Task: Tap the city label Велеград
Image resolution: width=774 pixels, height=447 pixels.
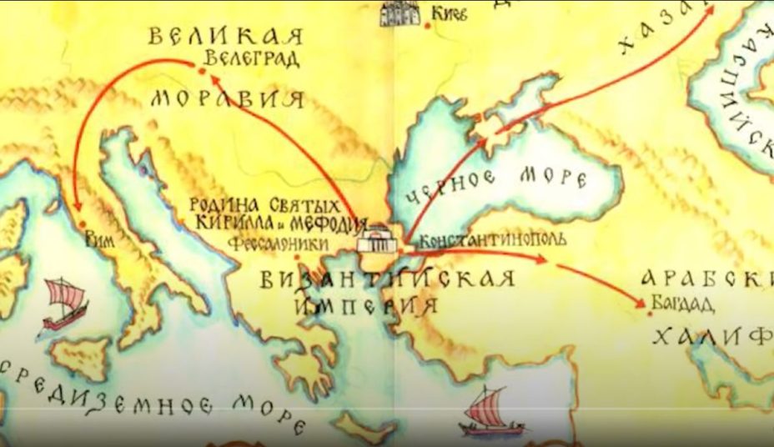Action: [x=243, y=61]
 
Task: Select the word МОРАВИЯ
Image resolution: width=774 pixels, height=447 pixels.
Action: [x=227, y=99]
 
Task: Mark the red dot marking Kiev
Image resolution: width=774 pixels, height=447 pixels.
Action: [x=428, y=25]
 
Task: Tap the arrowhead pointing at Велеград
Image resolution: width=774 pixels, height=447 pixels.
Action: [x=213, y=77]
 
